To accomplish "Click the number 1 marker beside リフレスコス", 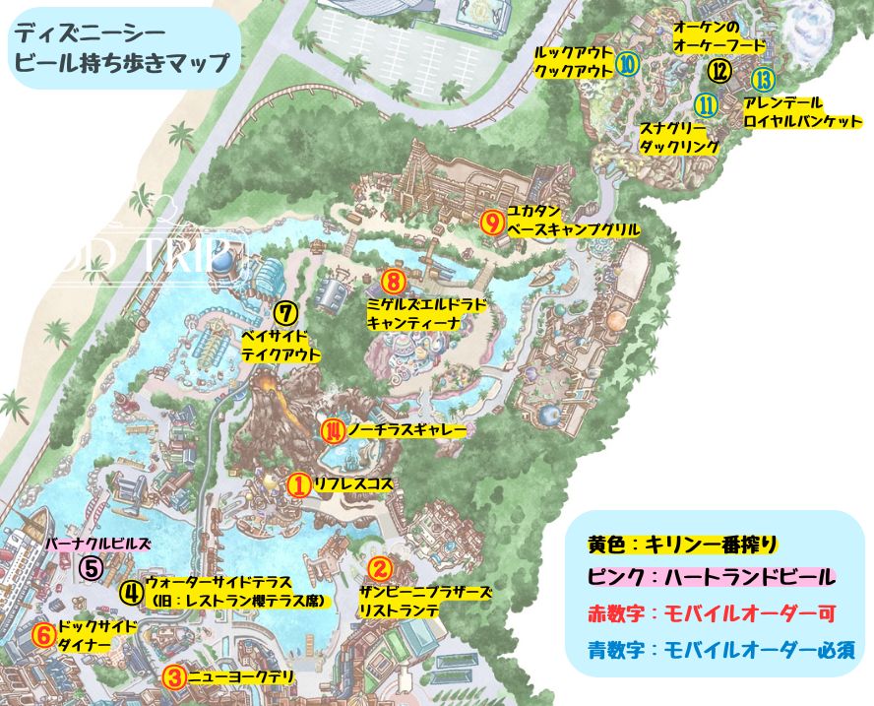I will coord(298,484).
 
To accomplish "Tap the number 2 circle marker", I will coord(380,568).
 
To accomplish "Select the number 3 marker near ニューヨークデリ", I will coord(173,676).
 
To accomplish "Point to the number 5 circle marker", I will coord(91,567).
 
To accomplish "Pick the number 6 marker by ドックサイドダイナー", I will coord(43,635).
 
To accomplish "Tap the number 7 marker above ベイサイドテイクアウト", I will coord(284,313).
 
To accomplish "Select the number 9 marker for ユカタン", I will coord(493,221).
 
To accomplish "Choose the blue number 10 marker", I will coord(627,65).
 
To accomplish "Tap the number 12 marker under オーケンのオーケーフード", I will coord(719,71).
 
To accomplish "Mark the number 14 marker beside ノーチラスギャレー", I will coord(334,430).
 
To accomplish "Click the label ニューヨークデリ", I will coord(234,676).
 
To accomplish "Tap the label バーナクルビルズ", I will coord(98,544).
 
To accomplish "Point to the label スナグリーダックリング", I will coord(679,136).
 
